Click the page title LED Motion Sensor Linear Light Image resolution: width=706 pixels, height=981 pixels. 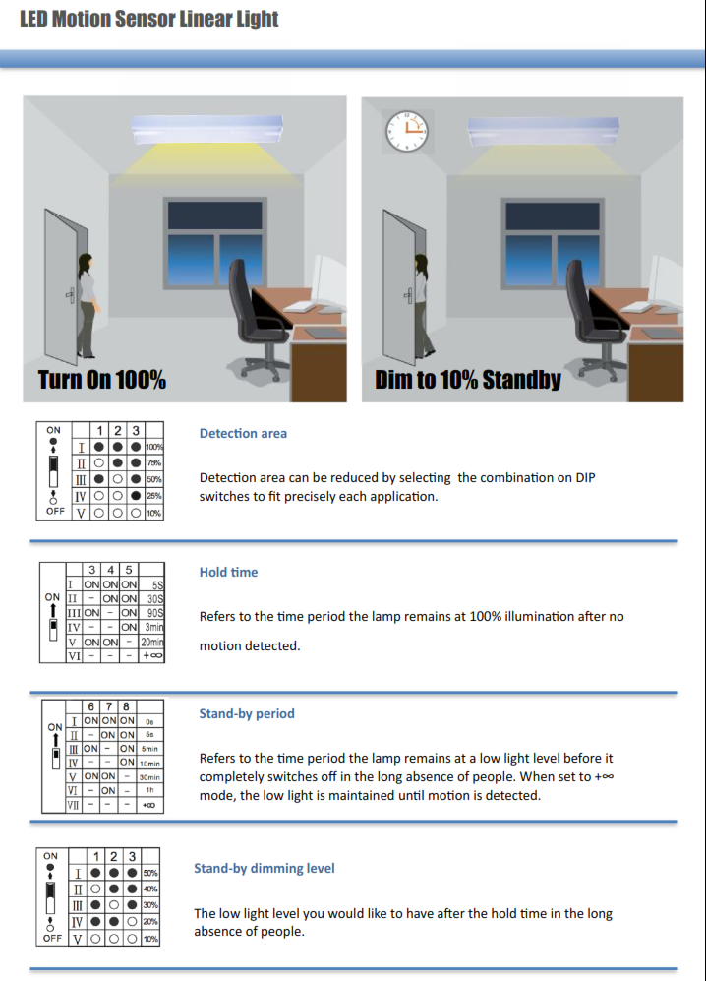tap(149, 19)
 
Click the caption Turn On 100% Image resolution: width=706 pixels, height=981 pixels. tap(101, 380)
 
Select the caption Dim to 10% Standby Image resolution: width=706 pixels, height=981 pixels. tap(467, 380)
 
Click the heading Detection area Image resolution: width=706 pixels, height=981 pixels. tap(243, 433)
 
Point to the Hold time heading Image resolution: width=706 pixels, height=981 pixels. tap(228, 572)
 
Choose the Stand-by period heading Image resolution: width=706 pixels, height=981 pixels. tap(247, 713)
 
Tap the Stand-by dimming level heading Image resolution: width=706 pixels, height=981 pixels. tap(264, 868)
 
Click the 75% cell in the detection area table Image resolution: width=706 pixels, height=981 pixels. tap(153, 462)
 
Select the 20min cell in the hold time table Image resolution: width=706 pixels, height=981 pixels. tap(151, 642)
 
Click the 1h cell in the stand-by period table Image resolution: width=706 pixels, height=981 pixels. tap(149, 790)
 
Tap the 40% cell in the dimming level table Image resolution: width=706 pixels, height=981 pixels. tap(150, 889)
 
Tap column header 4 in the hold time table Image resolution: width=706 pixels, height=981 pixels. tap(108, 569)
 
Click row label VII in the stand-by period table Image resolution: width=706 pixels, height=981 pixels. tap(72, 805)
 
